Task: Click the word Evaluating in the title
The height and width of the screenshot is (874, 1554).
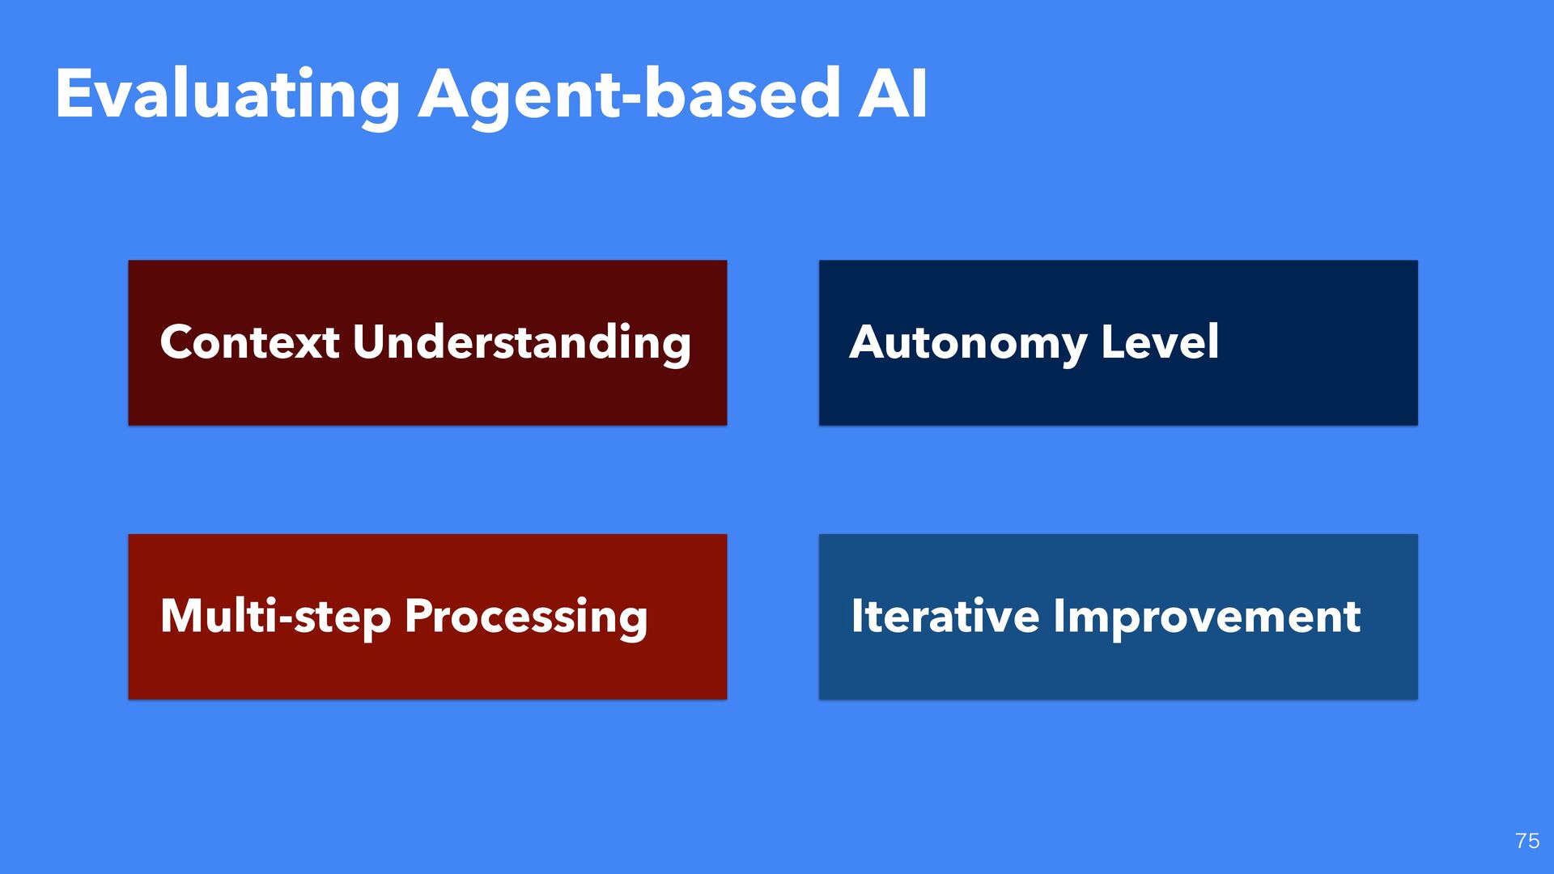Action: click(227, 95)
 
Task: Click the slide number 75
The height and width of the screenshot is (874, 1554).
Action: click(1527, 841)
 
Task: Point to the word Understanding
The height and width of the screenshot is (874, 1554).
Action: click(522, 343)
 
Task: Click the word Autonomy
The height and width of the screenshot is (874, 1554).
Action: click(967, 343)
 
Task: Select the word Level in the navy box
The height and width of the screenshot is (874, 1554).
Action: click(1160, 342)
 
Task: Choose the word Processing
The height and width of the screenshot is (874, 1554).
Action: click(526, 617)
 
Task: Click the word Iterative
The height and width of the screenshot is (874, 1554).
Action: click(945, 616)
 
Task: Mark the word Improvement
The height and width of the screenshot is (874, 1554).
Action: click(1207, 617)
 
